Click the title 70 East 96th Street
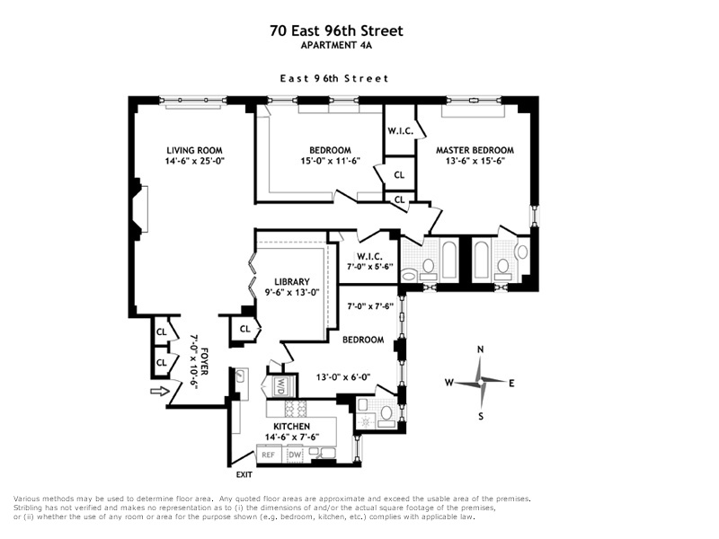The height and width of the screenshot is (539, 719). (x=336, y=31)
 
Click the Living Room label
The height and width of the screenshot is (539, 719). (x=194, y=150)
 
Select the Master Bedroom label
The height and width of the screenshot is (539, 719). (x=475, y=150)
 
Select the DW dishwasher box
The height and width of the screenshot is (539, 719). (x=295, y=455)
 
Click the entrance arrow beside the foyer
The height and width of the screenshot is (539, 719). (x=159, y=391)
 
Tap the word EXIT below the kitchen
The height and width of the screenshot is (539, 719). (x=244, y=474)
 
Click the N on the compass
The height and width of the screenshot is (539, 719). (x=481, y=350)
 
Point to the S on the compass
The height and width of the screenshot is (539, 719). (x=481, y=415)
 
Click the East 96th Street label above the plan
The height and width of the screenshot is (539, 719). (x=335, y=79)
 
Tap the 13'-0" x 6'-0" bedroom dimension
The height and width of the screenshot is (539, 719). (x=342, y=377)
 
